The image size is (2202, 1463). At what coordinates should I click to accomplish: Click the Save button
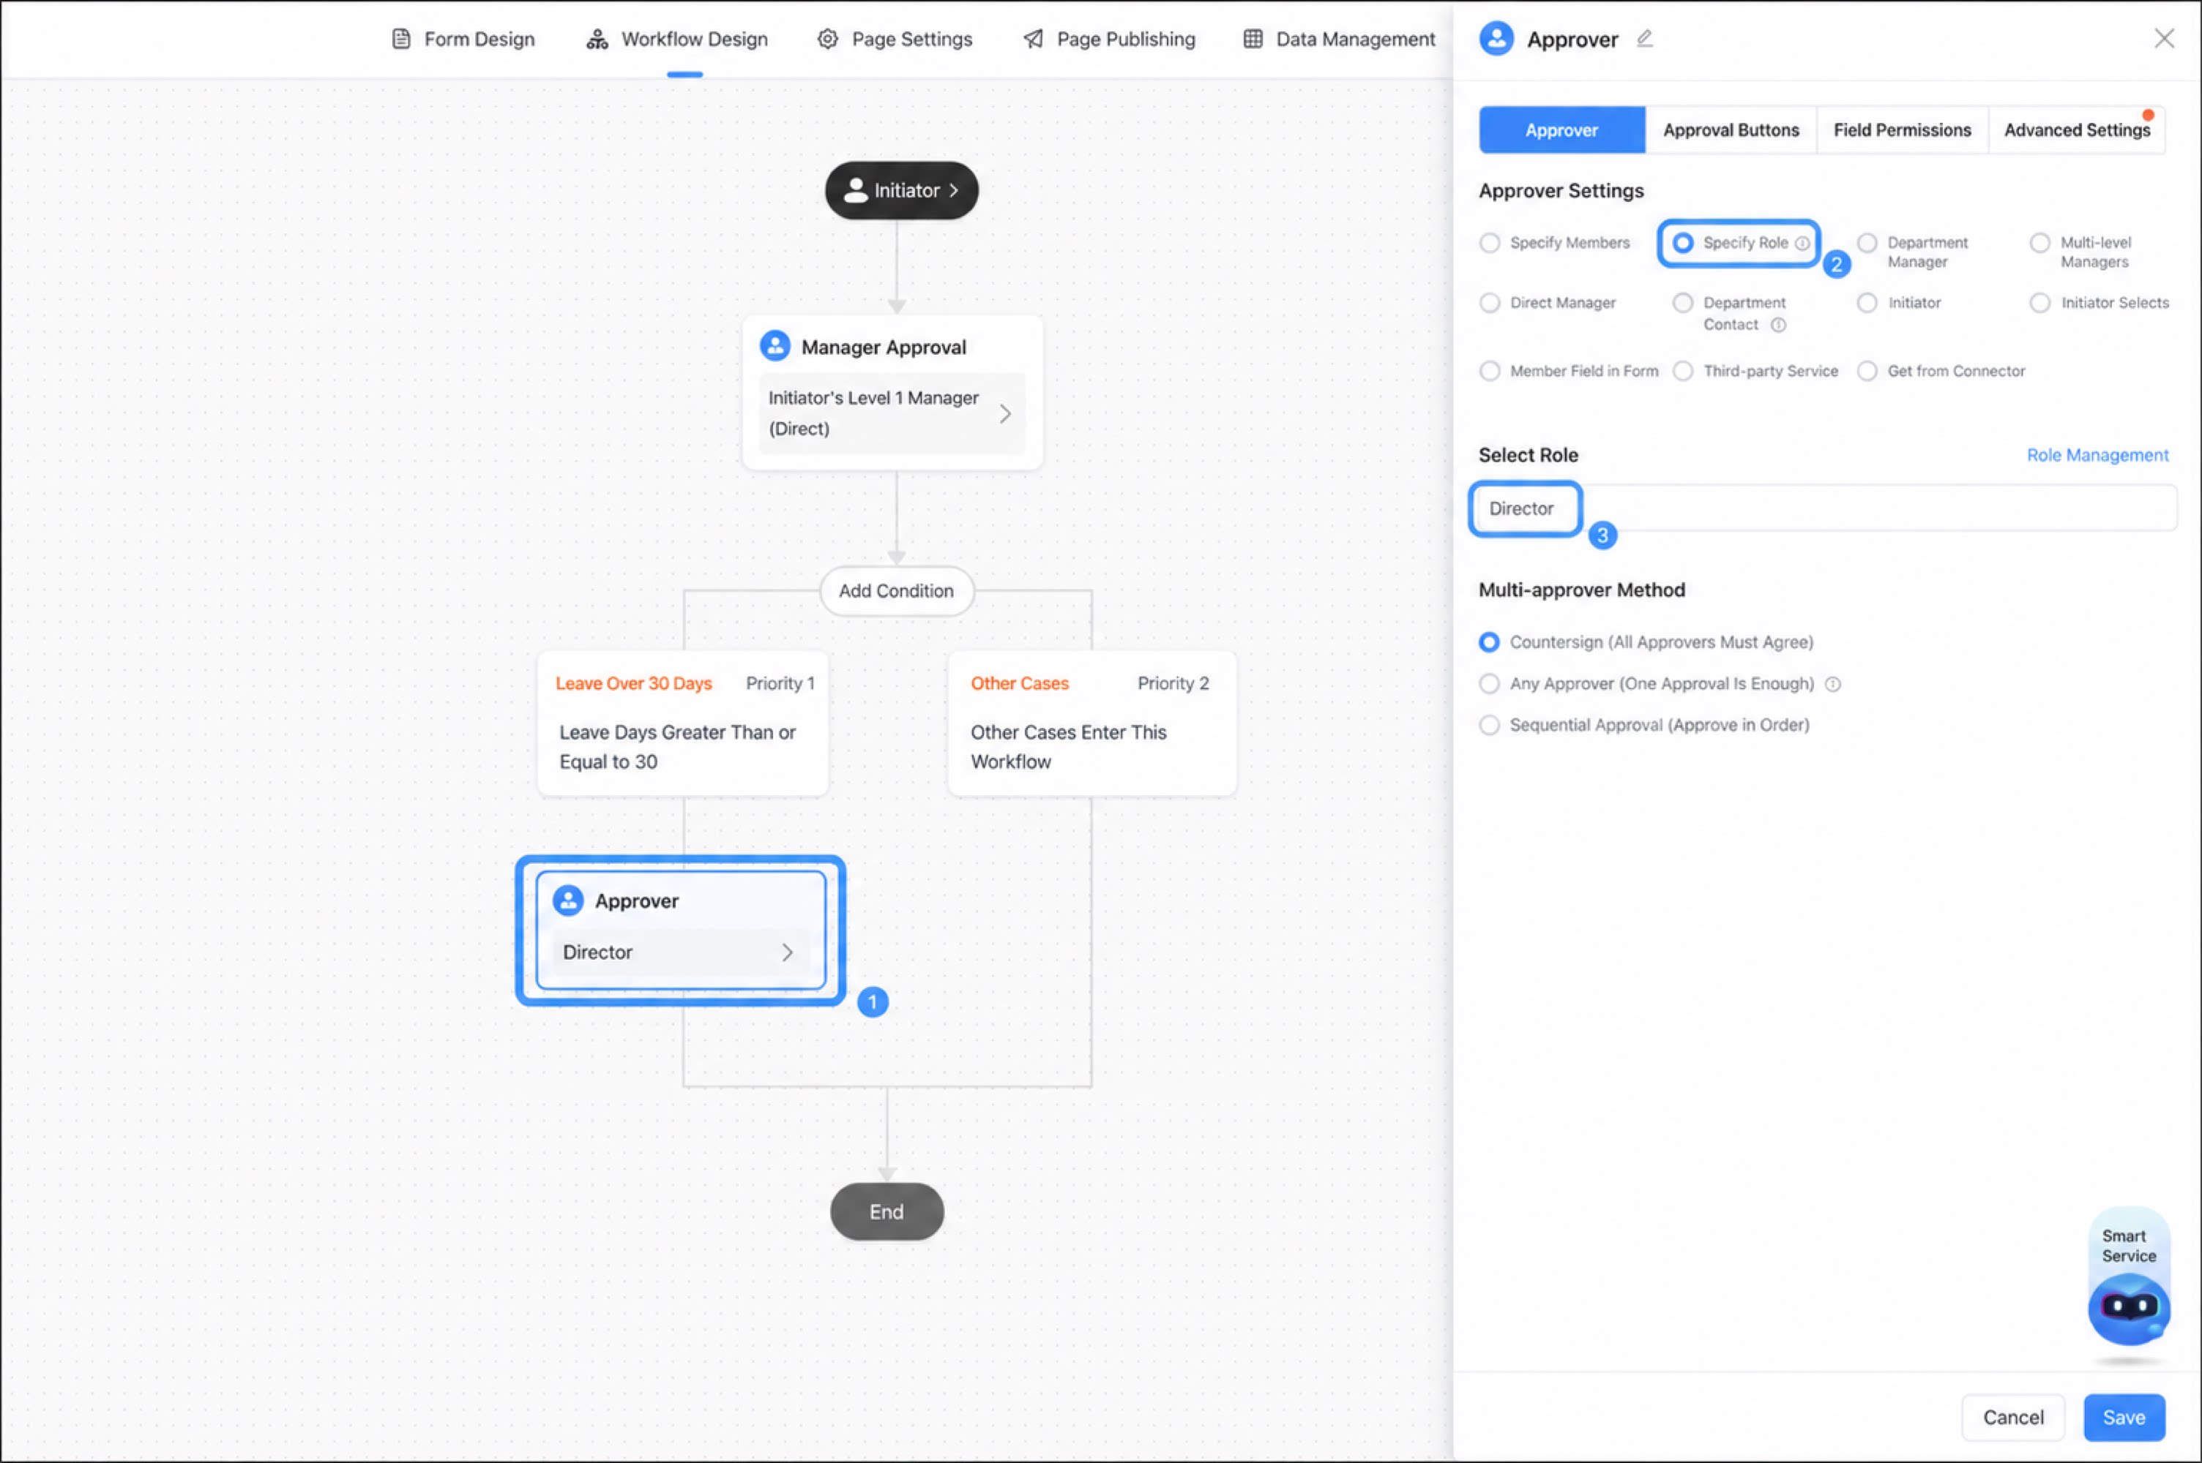2124,1418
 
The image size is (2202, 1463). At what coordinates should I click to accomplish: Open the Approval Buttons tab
1731,129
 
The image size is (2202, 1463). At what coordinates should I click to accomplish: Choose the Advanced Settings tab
2077,129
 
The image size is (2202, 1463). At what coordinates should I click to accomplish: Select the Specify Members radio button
1490,243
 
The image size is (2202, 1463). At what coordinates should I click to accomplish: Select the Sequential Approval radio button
1490,725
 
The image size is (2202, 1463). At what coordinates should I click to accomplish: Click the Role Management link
2097,455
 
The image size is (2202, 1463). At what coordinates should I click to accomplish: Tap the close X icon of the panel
2164,38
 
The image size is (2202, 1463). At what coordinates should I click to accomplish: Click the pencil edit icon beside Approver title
1645,38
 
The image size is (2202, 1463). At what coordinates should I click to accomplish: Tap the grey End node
887,1211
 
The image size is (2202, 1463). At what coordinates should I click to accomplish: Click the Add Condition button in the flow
896,590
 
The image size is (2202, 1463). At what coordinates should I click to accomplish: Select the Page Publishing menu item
1110,40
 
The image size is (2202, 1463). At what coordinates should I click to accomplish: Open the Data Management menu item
1340,40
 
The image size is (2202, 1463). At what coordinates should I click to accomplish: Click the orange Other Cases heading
1019,683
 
